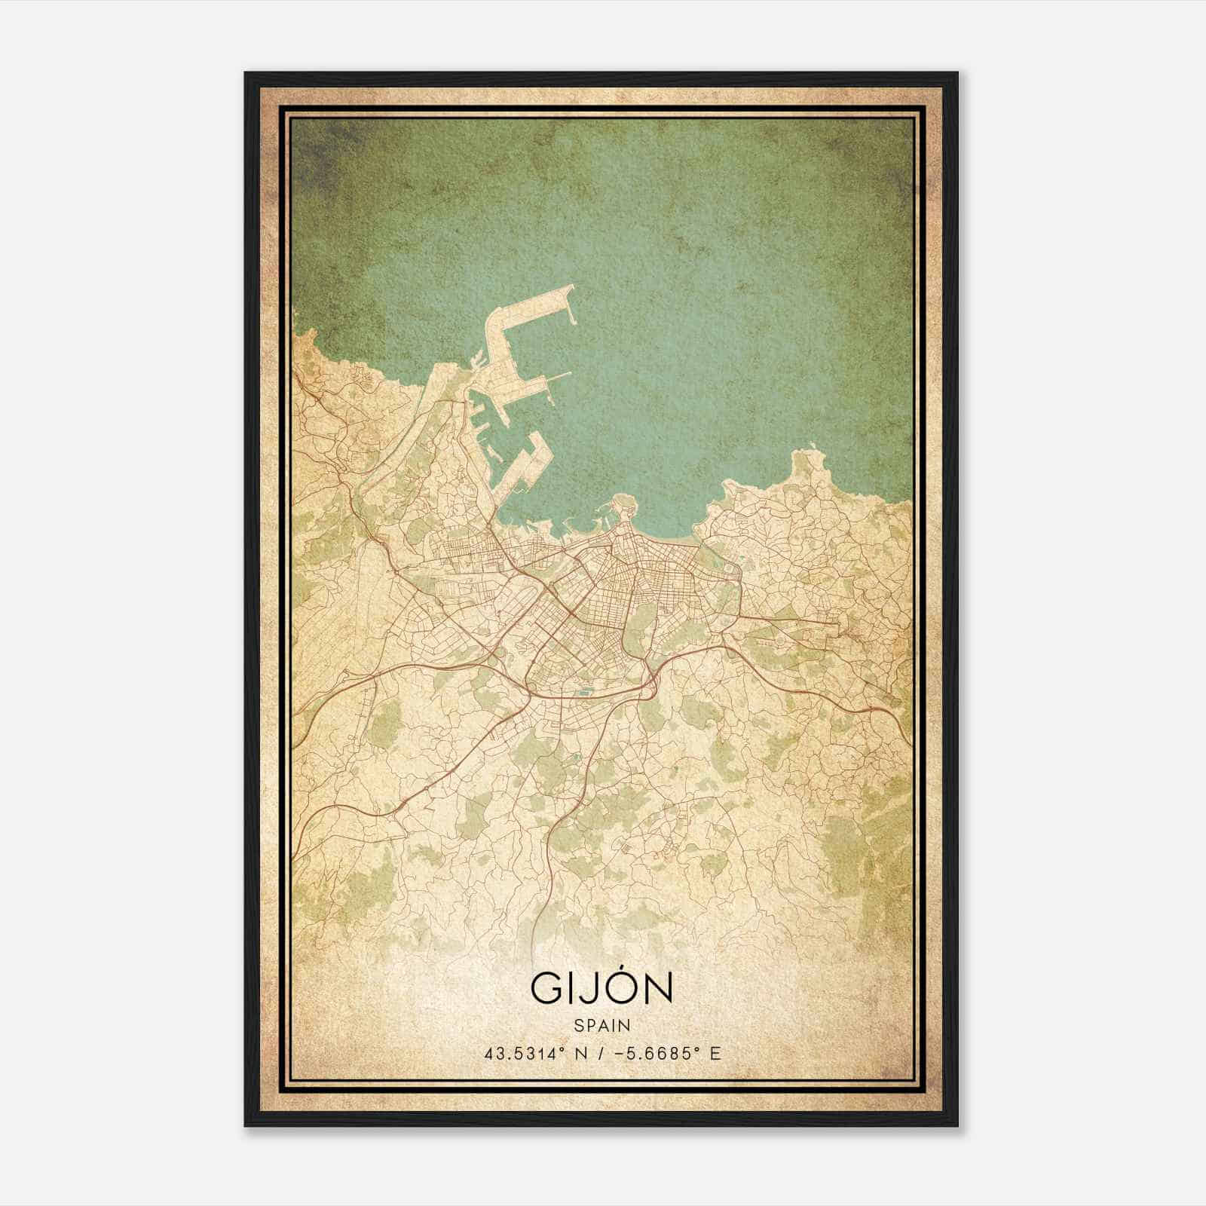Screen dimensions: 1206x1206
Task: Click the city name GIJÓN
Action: [601, 987]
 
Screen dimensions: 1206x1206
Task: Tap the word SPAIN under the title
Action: [602, 1025]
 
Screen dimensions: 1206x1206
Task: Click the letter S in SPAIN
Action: [578, 1025]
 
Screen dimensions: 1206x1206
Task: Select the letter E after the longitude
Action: [716, 1053]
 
